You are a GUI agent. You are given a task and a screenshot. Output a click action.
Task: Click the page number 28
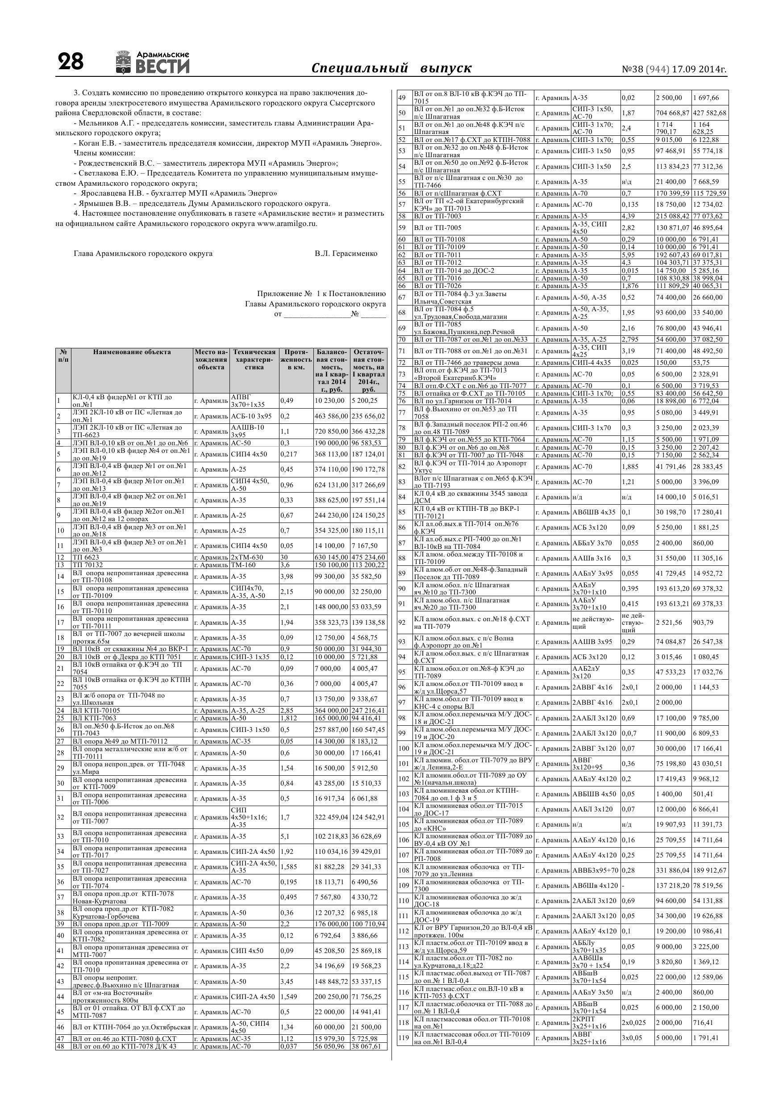click(x=71, y=62)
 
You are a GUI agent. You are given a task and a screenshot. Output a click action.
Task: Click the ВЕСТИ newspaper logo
click(x=153, y=63)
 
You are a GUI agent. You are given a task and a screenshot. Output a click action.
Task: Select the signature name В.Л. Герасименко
click(x=346, y=253)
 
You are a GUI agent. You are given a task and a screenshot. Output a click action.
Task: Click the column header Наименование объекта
click(x=132, y=352)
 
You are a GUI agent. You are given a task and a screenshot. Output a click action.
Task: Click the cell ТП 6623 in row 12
click(x=86, y=557)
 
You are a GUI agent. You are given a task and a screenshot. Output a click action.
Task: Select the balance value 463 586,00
click(x=331, y=416)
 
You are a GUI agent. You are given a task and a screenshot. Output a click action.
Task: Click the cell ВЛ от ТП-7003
click(x=437, y=216)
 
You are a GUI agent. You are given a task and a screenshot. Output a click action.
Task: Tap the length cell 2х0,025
click(x=633, y=1023)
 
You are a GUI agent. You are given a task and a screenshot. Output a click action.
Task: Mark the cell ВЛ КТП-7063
click(x=95, y=718)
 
